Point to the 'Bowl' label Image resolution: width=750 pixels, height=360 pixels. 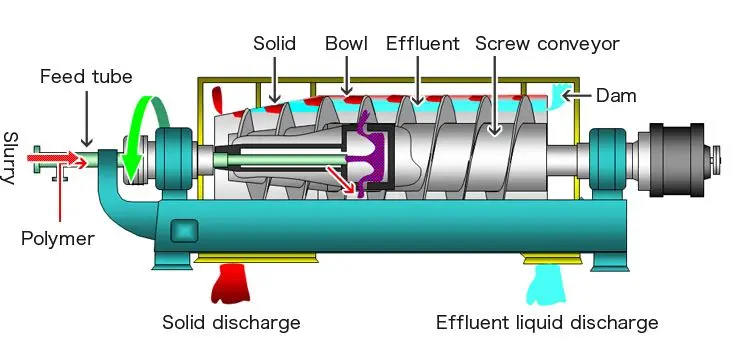click(346, 44)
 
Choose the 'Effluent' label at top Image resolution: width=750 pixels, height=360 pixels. click(423, 44)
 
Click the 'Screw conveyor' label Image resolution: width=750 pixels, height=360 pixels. click(547, 44)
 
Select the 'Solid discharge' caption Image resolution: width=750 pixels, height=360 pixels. click(231, 322)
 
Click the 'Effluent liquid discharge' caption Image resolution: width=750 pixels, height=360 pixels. click(547, 322)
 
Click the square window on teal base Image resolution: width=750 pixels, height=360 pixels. click(183, 230)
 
